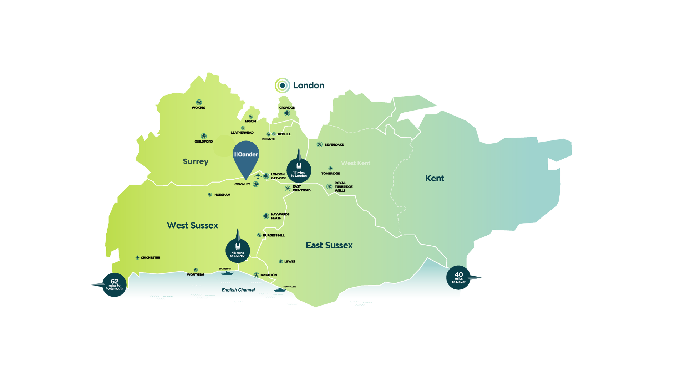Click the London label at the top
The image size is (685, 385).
(x=308, y=86)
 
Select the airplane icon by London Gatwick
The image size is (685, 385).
(x=258, y=175)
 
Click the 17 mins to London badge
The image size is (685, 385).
(x=299, y=170)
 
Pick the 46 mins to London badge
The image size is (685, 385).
(x=238, y=251)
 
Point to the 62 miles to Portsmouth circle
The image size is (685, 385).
(x=115, y=285)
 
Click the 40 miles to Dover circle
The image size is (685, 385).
(x=458, y=278)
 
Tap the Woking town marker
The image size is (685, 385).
(x=199, y=102)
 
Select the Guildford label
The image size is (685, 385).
(x=203, y=142)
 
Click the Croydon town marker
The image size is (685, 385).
(x=287, y=113)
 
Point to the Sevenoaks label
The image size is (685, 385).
(x=334, y=145)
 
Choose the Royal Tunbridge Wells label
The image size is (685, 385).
(x=343, y=187)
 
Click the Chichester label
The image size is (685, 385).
(x=150, y=258)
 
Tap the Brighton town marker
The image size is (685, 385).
(x=256, y=275)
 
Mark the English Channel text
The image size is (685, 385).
(x=238, y=290)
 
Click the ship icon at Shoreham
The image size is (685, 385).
(x=227, y=273)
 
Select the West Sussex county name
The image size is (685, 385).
(x=192, y=225)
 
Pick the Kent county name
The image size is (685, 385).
(x=434, y=179)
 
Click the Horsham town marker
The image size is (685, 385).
(x=210, y=195)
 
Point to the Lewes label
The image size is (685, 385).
(x=290, y=262)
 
